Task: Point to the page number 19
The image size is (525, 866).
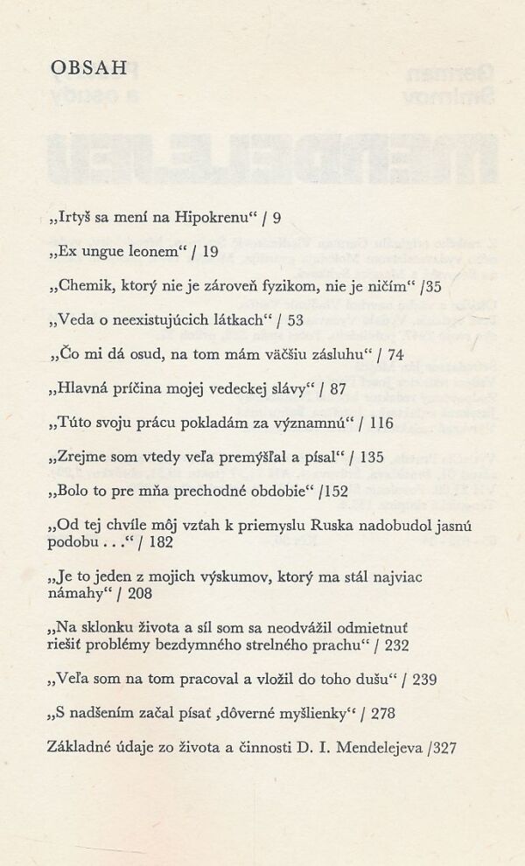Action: click(x=210, y=252)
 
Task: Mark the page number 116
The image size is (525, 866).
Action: click(x=382, y=423)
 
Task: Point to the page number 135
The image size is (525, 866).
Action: click(x=372, y=457)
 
